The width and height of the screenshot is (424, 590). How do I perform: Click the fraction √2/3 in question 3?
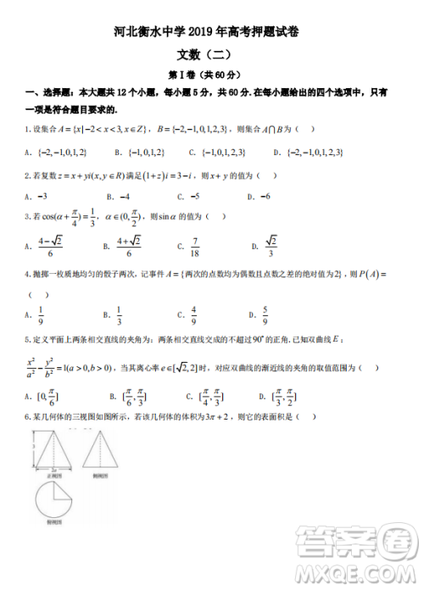271,247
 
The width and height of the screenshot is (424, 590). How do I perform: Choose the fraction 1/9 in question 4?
42,316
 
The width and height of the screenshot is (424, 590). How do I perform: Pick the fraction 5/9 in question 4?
265,316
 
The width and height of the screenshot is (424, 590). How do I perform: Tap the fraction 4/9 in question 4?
194,316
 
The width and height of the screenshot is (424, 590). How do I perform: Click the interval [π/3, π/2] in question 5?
280,396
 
